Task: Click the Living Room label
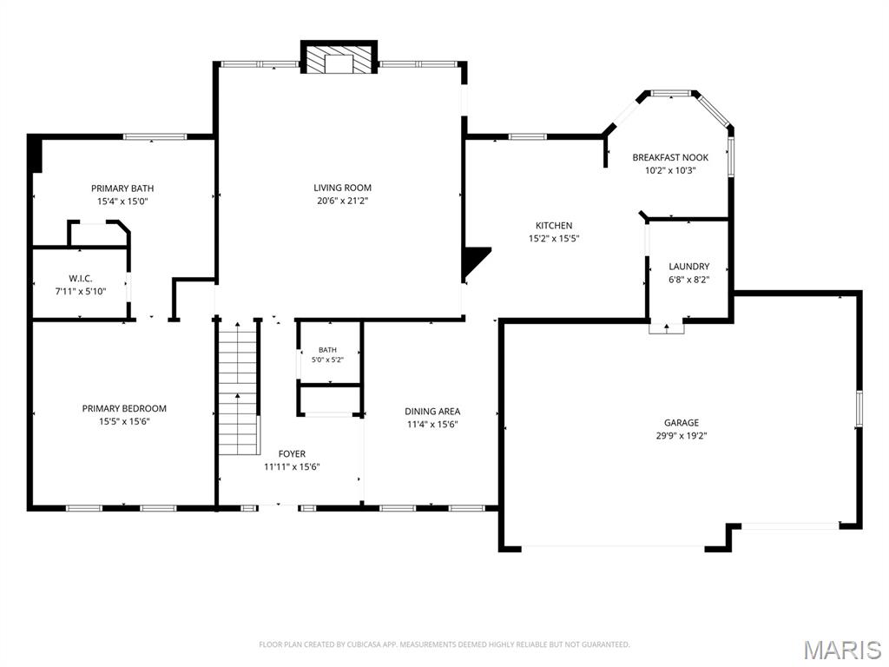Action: (342, 188)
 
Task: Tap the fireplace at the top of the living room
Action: (339, 56)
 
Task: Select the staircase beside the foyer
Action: (239, 387)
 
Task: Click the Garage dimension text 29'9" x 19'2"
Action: (682, 436)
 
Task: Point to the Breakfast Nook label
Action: (670, 157)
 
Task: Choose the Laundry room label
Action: (688, 266)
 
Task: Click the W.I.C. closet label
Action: (81, 279)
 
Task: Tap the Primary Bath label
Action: (122, 188)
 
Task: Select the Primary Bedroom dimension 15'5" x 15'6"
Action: (124, 421)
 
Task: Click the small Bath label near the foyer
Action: (327, 350)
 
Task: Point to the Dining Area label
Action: (432, 411)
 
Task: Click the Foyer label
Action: (292, 453)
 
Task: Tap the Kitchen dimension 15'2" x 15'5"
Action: (554, 239)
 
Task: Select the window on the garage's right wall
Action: (859, 408)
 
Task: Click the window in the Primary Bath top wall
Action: (155, 136)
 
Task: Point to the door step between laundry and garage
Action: (666, 327)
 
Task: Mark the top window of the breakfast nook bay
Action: (671, 93)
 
